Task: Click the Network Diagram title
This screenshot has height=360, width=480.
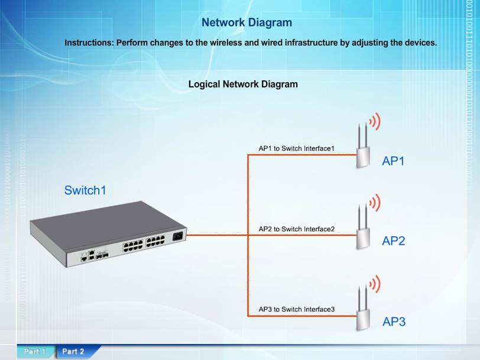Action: click(x=247, y=22)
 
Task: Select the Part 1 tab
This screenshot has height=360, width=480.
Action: click(x=35, y=351)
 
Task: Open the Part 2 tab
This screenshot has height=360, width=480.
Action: click(x=73, y=351)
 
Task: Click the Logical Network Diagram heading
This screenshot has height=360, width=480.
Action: click(x=243, y=84)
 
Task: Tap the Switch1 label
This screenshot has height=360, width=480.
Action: click(x=85, y=190)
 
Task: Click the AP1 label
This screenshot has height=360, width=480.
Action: click(x=393, y=160)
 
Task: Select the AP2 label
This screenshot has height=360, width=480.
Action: click(x=393, y=241)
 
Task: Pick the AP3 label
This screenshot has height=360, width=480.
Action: click(x=394, y=322)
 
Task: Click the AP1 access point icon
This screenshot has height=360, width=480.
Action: click(x=363, y=151)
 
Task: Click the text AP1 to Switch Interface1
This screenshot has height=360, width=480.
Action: click(x=297, y=148)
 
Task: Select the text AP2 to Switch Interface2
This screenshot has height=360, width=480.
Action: click(x=297, y=229)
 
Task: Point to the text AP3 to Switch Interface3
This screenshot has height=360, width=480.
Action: click(x=297, y=309)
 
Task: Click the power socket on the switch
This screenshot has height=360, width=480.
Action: click(x=177, y=238)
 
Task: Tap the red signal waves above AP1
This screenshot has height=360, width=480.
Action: click(x=375, y=122)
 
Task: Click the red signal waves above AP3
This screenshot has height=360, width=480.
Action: click(x=375, y=284)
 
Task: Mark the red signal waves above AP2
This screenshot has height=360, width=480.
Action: click(x=375, y=203)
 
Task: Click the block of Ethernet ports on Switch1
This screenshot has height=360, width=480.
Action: click(x=144, y=244)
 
